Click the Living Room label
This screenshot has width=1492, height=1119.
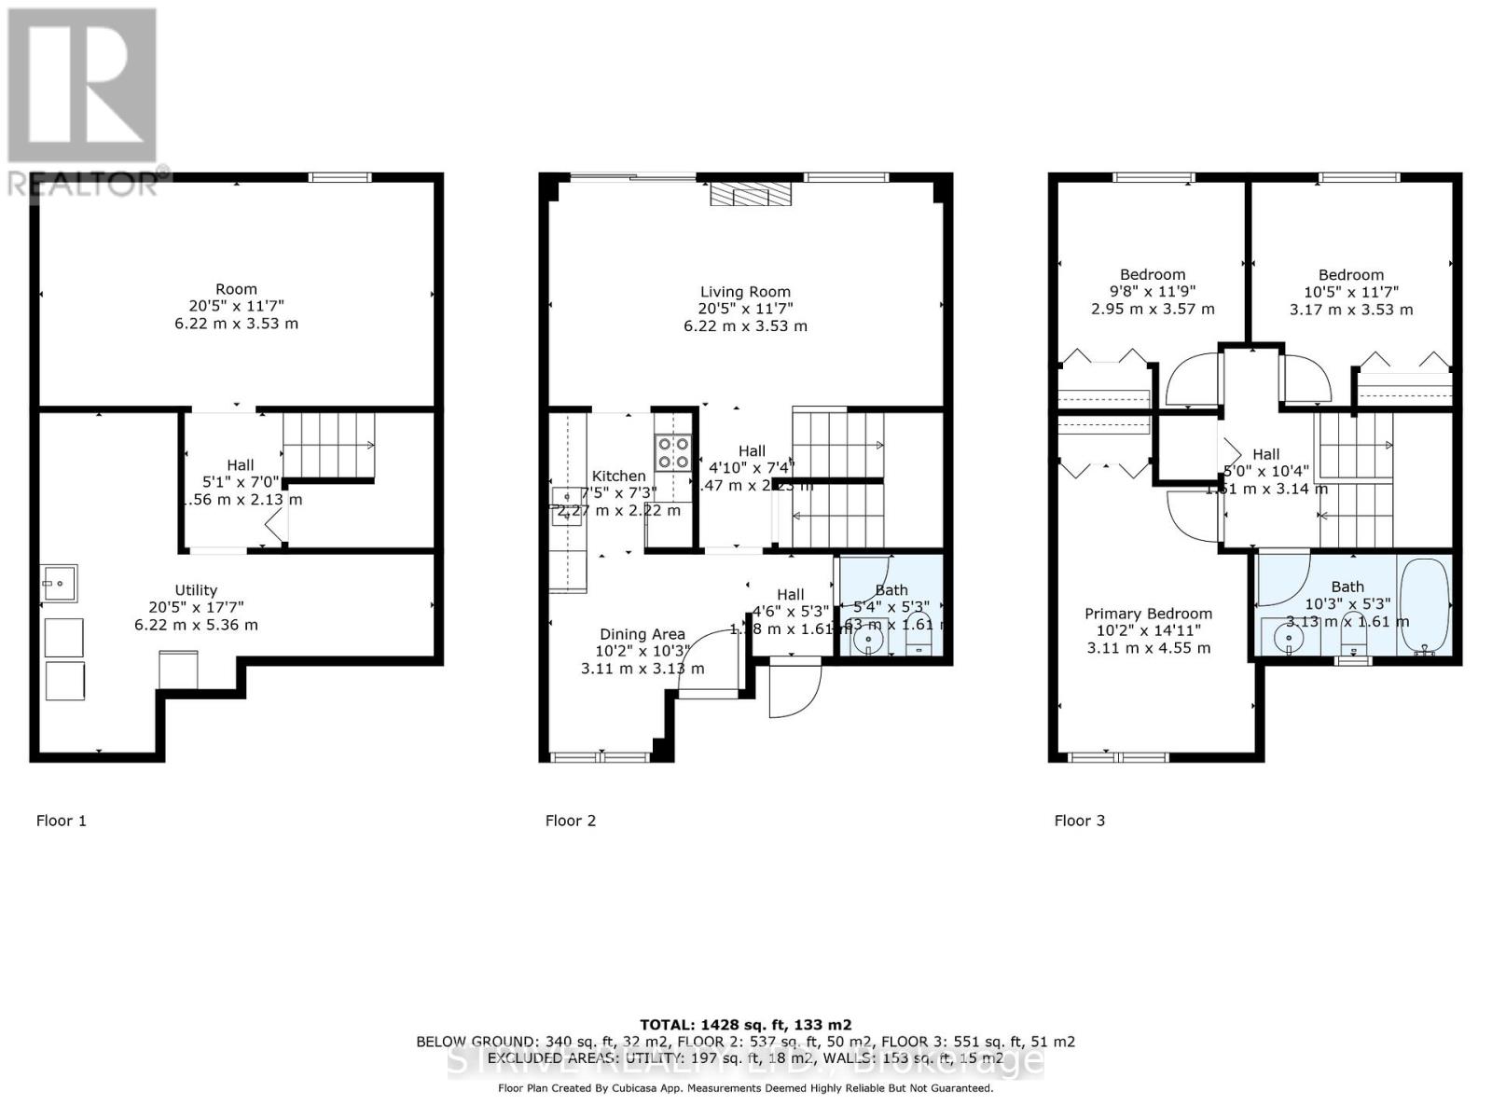coord(745,292)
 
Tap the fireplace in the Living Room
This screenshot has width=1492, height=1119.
coord(750,194)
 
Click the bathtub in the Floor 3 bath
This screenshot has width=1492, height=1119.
coord(1424,606)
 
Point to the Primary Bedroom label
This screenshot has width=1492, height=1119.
coord(1148,614)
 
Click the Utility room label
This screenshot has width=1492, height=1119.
coord(196,590)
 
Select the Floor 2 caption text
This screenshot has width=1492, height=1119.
coord(570,821)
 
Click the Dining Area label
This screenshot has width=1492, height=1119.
coord(642,634)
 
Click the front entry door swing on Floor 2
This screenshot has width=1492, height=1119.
coord(794,690)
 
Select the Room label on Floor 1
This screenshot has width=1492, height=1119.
coord(236,289)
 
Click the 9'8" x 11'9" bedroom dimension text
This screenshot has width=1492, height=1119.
coord(1153,292)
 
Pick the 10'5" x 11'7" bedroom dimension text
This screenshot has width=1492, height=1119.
coord(1350,292)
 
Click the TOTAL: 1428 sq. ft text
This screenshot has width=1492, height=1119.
coord(745,1024)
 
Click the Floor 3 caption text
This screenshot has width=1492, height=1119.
coord(1079,821)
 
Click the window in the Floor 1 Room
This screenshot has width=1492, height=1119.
coord(340,177)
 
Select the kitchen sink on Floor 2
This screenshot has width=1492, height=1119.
coord(565,506)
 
